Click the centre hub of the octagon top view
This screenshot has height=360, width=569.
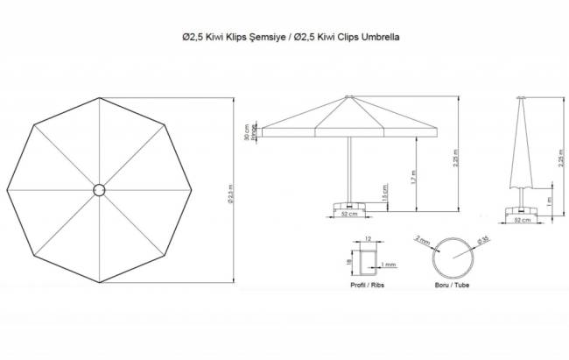point(98,188)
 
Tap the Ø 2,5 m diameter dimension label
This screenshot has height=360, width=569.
point(229,188)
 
